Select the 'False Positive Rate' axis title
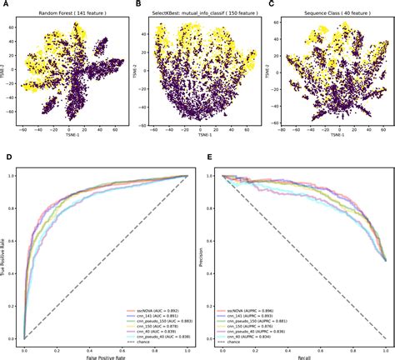tap(107, 355)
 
